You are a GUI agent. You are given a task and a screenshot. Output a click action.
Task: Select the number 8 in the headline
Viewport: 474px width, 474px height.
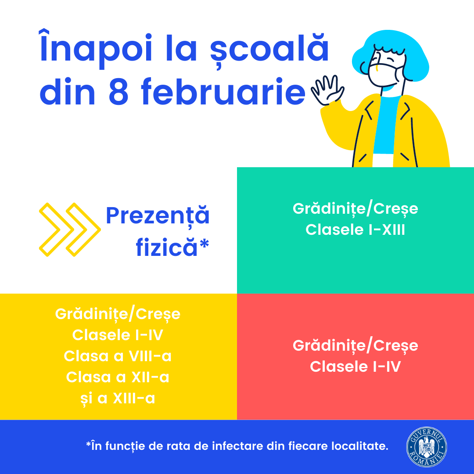118,92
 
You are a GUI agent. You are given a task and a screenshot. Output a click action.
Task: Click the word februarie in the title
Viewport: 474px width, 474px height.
223,91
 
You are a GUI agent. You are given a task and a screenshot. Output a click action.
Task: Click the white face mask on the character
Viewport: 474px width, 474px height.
385,75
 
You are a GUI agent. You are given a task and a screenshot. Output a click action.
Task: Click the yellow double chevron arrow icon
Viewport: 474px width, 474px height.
70,230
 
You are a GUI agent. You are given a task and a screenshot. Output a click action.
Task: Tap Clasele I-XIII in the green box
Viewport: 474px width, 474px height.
355,230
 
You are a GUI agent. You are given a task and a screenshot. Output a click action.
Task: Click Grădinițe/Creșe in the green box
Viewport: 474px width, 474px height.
355,209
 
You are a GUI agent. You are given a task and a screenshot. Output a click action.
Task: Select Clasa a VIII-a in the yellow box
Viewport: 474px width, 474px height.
118,356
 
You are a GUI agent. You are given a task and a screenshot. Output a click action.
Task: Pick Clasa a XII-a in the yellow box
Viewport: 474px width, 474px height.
118,377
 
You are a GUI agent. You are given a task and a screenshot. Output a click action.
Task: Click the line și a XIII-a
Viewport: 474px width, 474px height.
118,399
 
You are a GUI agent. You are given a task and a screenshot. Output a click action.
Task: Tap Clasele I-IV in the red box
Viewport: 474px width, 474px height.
355,366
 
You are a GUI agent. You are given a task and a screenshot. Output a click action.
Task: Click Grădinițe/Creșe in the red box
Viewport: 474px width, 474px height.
355,346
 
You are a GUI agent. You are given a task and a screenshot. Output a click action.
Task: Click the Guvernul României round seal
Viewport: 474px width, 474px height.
427,447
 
